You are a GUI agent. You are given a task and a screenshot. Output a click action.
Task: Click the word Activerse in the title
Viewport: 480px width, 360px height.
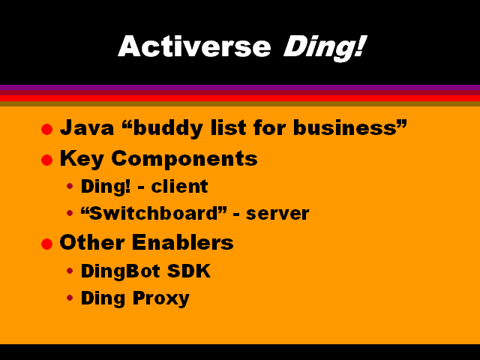194,46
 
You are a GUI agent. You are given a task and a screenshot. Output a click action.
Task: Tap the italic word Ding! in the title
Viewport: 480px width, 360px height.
325,48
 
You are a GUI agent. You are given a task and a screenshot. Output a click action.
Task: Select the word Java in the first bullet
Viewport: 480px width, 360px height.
87,127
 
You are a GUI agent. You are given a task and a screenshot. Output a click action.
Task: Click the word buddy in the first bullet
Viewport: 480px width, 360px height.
168,128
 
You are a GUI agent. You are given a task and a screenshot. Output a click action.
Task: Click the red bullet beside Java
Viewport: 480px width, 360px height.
46,129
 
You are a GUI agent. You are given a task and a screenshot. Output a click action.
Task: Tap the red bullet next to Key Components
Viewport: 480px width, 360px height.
46,160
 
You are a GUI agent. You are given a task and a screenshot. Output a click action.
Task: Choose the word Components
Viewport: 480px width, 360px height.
184,159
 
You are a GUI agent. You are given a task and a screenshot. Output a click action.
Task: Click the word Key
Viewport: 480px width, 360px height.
82,159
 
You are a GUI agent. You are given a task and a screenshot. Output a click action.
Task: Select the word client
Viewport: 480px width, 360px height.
180,186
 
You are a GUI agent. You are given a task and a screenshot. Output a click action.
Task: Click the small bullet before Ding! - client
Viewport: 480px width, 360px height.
70,186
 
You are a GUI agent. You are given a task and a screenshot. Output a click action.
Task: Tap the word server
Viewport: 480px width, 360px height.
277,214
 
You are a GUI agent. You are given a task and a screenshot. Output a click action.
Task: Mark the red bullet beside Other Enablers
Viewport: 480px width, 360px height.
46,244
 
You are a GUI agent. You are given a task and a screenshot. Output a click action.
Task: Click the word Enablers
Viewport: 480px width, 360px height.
183,242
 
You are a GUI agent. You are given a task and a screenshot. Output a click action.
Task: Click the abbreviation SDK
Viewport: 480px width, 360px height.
189,271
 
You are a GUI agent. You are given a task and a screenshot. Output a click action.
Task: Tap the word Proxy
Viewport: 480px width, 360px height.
161,298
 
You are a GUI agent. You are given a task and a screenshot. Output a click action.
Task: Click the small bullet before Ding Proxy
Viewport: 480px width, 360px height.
70,298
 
